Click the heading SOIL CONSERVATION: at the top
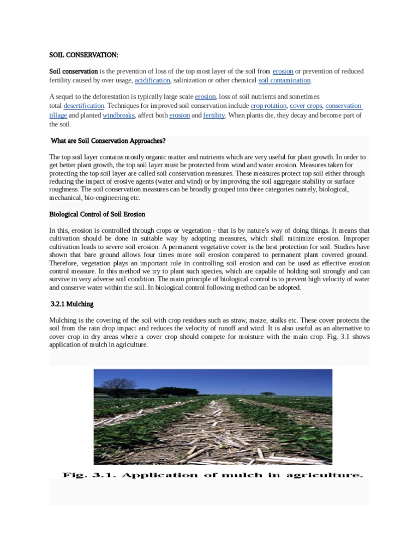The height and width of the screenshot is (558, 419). pyautogui.click(x=83, y=55)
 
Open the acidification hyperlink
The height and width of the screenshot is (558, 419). pyautogui.click(x=152, y=80)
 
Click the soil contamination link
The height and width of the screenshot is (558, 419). pyautogui.click(x=284, y=80)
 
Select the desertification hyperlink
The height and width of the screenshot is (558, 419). pyautogui.click(x=83, y=105)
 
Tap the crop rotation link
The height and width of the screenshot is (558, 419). pyautogui.click(x=268, y=105)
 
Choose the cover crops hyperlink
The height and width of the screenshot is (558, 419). pyautogui.click(x=306, y=105)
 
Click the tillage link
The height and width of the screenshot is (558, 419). pyautogui.click(x=58, y=115)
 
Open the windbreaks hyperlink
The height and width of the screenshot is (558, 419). pyautogui.click(x=118, y=115)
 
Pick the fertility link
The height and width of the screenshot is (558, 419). pyautogui.click(x=214, y=115)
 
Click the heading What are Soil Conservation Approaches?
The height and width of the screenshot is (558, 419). pyautogui.click(x=107, y=141)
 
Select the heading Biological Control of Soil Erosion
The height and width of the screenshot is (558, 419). pyautogui.click(x=97, y=214)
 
